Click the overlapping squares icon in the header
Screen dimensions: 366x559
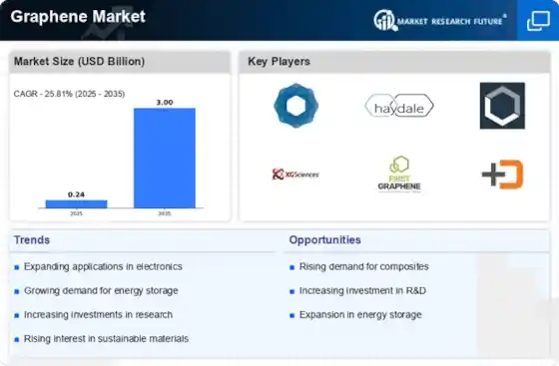[x=537, y=20]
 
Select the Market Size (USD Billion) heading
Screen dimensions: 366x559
[x=79, y=62]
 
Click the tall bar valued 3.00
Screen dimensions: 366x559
[x=165, y=157]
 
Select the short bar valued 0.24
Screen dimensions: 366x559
[x=76, y=203]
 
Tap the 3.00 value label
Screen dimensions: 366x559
[x=165, y=101]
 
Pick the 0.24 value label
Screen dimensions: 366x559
[x=76, y=193]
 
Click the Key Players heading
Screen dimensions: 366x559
[x=279, y=62]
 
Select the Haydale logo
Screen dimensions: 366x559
[x=396, y=105]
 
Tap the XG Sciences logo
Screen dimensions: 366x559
[x=294, y=175]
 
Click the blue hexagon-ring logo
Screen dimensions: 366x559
[x=294, y=105]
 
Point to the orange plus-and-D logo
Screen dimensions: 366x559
[x=501, y=175]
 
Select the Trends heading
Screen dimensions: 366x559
[x=33, y=240]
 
